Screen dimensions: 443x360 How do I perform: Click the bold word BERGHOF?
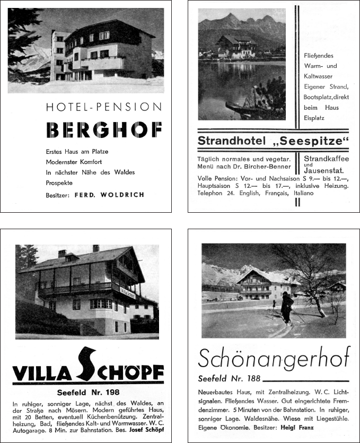pyautogui.click(x=104, y=130)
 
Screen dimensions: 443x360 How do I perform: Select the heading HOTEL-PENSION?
pyautogui.click(x=104, y=107)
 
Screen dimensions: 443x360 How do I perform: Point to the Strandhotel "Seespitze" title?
pyautogui.click(x=274, y=141)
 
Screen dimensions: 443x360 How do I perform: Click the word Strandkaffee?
pyautogui.click(x=324, y=159)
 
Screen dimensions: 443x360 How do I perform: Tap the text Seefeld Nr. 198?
pyautogui.click(x=88, y=393)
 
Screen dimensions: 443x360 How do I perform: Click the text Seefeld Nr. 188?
pyautogui.click(x=229, y=378)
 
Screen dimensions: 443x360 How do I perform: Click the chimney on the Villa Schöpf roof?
pyautogui.click(x=96, y=248)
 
